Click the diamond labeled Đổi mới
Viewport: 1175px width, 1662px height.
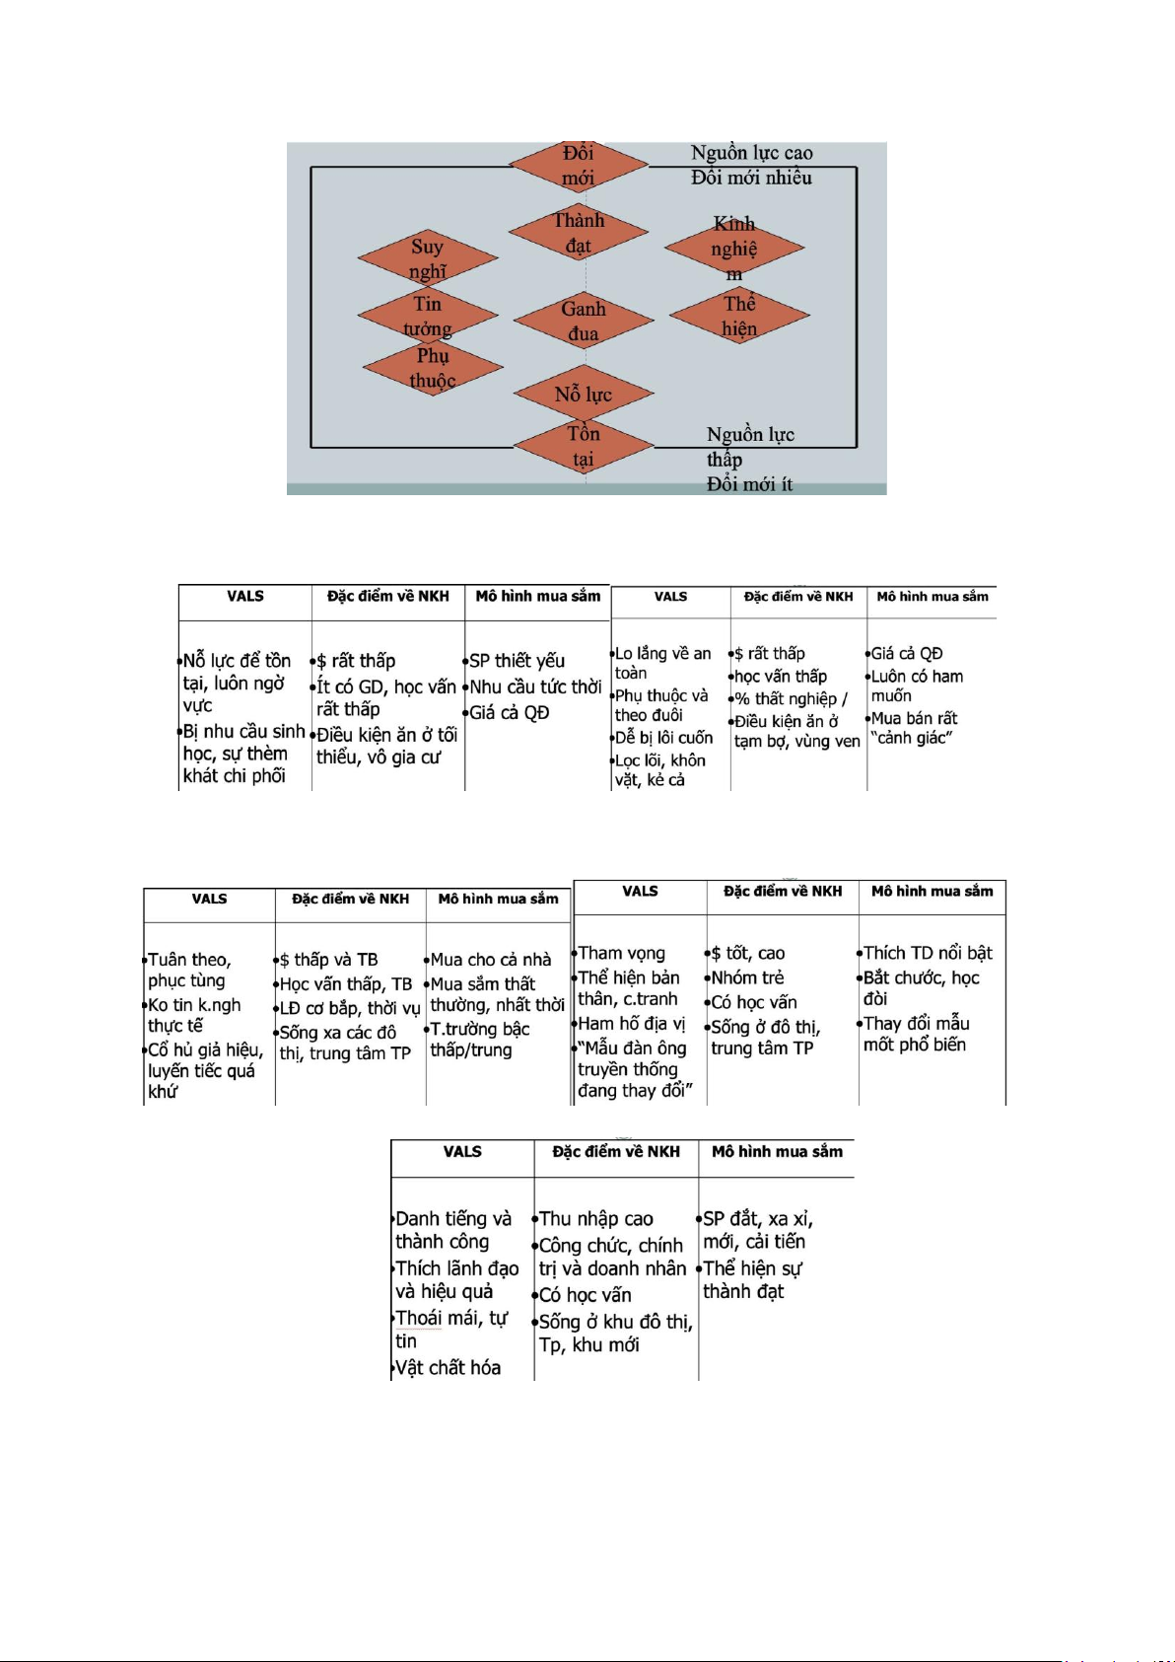(579, 166)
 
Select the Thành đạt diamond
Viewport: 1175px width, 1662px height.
(579, 233)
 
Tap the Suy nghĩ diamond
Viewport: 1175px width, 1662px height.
(428, 258)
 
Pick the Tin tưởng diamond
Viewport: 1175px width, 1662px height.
(428, 316)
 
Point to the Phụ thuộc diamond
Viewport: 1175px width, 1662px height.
(433, 368)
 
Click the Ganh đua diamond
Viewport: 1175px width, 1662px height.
(584, 321)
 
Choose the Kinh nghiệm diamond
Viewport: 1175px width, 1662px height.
(734, 248)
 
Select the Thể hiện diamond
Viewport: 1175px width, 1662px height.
(739, 316)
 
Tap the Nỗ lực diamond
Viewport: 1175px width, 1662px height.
(584, 395)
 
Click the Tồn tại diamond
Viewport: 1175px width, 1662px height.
(584, 446)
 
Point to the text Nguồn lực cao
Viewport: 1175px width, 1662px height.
(751, 153)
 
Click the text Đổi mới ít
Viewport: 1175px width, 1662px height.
(749, 484)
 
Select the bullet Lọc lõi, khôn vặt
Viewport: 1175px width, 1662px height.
(659, 770)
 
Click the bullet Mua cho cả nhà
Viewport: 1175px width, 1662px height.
(490, 960)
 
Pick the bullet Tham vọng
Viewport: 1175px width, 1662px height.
(621, 953)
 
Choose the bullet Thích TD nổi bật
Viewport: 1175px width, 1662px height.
(927, 953)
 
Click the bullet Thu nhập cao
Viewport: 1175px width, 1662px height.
(595, 1219)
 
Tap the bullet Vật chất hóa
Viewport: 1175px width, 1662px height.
(448, 1367)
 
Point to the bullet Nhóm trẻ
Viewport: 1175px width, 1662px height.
(747, 977)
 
